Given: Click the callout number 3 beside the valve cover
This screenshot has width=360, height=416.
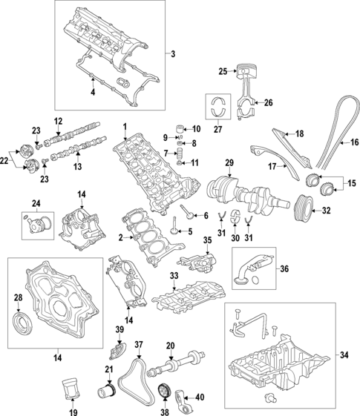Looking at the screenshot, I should tap(173, 54).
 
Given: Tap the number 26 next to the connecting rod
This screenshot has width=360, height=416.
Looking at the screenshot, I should tap(269, 102).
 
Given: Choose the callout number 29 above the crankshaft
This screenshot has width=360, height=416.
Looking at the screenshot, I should tap(229, 162).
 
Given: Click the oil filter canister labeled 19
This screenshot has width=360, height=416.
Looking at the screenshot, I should tap(71, 389).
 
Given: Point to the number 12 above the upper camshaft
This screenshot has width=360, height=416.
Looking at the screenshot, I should tap(59, 121).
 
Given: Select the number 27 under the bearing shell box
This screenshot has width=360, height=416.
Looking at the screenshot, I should tap(217, 131).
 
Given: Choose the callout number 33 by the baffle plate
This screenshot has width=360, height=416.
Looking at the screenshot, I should tap(174, 276).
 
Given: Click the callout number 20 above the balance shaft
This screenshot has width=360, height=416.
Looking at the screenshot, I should tap(170, 346).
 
